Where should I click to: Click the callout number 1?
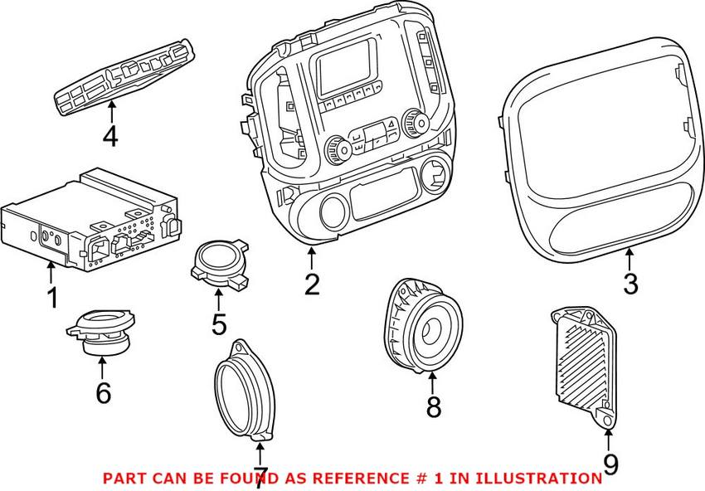(x=52, y=297)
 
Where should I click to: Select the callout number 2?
(x=311, y=284)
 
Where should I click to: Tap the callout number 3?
(x=630, y=284)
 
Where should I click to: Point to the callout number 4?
(x=109, y=135)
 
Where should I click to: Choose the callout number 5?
(x=218, y=324)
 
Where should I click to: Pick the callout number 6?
(x=103, y=392)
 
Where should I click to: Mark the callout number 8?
(x=433, y=406)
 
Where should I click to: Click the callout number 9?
(x=610, y=464)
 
